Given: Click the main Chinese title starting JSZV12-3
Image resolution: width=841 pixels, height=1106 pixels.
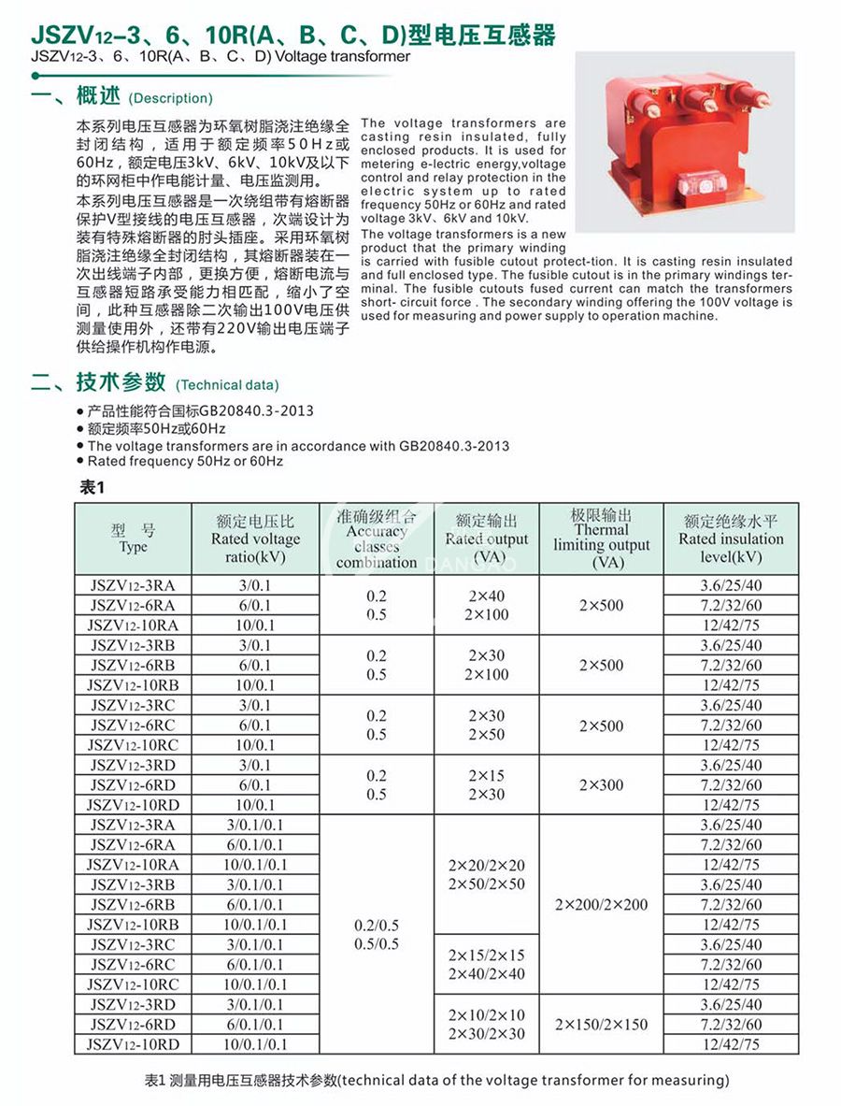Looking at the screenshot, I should tap(293, 36).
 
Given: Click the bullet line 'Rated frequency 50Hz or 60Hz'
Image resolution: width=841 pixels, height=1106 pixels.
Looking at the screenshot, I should tap(185, 461).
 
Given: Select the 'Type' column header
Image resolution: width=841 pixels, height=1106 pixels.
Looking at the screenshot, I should tap(134, 539).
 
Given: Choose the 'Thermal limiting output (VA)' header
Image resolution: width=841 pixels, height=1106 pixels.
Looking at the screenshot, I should tap(601, 539).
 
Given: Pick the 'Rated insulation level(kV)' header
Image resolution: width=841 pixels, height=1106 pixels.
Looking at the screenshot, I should tap(731, 539).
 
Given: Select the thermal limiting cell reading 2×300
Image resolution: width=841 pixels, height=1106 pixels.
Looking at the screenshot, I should tap(601, 785).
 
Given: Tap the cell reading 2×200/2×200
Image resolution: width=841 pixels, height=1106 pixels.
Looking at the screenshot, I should tap(601, 905).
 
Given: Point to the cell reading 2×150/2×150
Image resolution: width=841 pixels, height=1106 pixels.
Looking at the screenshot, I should tap(601, 1025).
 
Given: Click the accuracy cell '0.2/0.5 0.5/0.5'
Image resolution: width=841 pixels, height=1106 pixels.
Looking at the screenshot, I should tap(377, 935).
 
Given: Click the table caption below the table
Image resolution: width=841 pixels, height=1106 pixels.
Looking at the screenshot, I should tap(437, 1081).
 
